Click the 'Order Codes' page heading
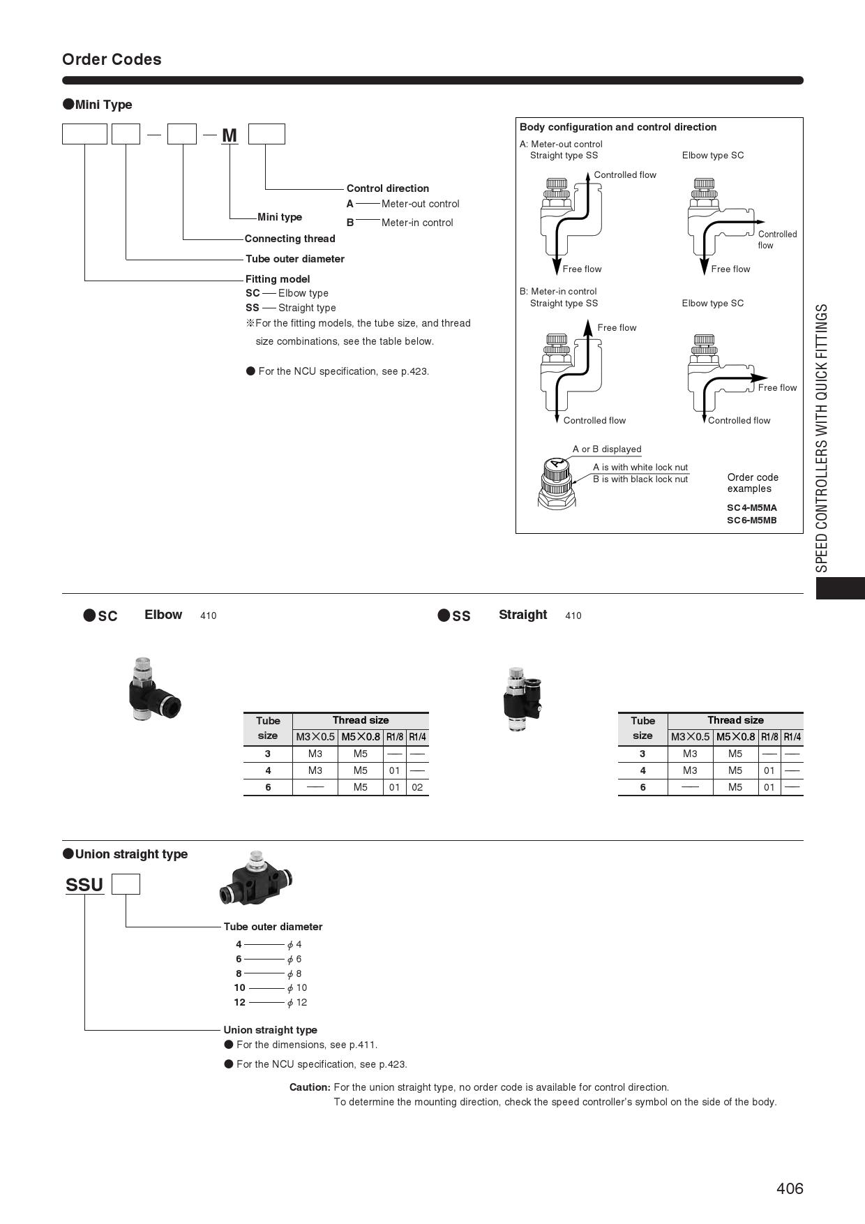coord(112,59)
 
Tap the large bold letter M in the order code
coord(230,135)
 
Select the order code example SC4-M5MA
coord(751,508)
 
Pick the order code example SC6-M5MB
coord(751,521)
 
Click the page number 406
coord(790,1188)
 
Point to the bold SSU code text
coord(84,885)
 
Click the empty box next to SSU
coord(126,884)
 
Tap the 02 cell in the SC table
coord(417,787)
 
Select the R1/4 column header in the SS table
coord(792,737)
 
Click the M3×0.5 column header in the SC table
coord(315,737)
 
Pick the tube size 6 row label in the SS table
coord(642,787)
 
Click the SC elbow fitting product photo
coord(153,690)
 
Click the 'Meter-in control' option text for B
coord(417,223)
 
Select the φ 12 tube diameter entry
coord(297,1003)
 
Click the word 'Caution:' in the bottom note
coord(310,1087)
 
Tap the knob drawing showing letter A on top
coord(556,481)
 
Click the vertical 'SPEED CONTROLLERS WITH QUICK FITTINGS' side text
coord(822,438)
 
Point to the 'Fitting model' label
coord(278,279)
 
